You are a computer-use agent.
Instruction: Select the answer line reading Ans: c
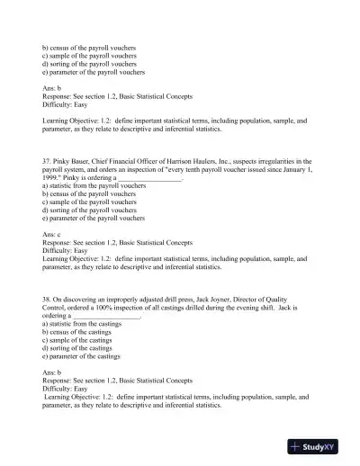tap(58, 234)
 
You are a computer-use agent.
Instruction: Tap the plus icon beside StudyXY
tap(295, 446)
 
